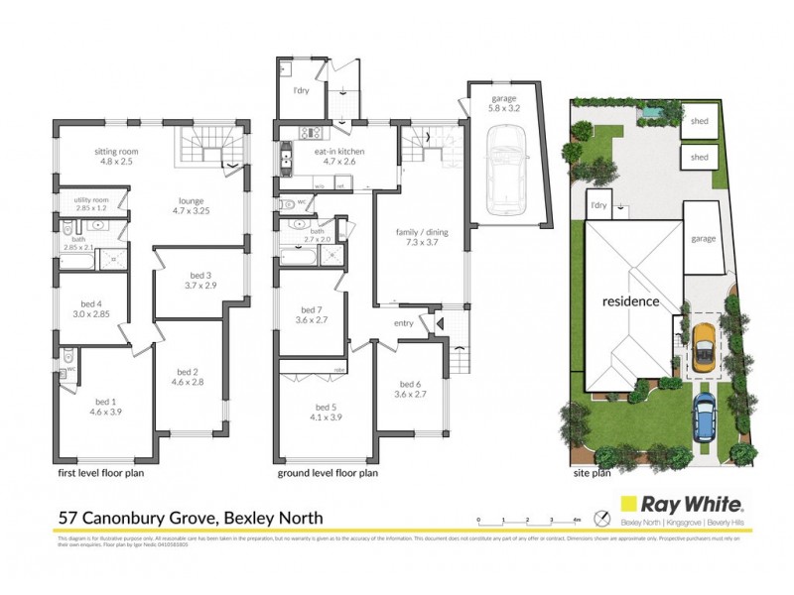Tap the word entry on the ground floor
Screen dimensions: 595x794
tap(405, 323)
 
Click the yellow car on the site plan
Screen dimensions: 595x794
tap(703, 347)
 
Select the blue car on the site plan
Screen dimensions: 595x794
tap(705, 415)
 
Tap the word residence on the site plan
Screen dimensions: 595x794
tap(630, 301)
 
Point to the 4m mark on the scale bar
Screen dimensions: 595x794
tap(577, 519)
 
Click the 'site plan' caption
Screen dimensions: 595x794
tap(593, 474)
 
